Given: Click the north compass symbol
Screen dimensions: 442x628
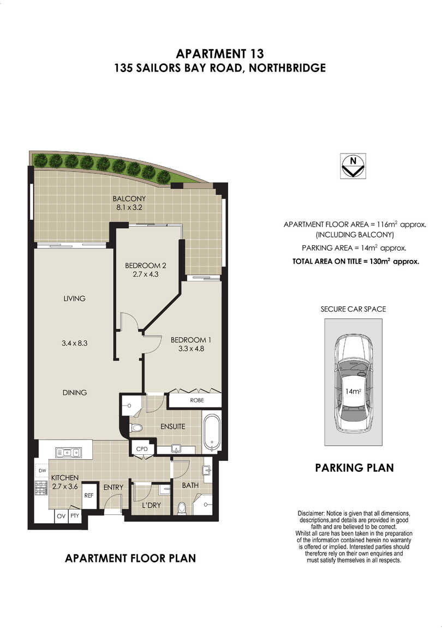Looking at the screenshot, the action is [x=353, y=166].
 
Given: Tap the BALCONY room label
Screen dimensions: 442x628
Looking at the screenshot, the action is [x=129, y=199].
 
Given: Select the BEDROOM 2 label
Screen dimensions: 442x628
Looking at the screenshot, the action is [x=145, y=265].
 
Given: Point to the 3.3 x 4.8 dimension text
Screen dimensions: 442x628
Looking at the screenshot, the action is [x=192, y=348].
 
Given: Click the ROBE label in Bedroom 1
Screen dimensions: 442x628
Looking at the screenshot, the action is [x=197, y=400].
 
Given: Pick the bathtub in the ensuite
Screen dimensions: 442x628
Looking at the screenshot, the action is [x=211, y=433].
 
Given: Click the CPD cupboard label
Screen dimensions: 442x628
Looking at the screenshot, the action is [x=142, y=449].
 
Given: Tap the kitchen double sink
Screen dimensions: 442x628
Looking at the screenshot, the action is [x=68, y=453].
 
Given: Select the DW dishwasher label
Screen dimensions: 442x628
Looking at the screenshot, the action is [x=43, y=471].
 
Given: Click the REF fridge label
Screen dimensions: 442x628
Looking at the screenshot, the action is [x=89, y=495].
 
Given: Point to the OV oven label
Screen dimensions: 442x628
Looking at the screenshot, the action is [x=61, y=516].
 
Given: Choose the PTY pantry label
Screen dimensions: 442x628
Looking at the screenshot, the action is [x=75, y=516].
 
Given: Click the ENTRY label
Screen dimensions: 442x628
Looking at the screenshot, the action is [x=114, y=488].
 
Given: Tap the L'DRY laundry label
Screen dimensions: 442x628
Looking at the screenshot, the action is [x=151, y=506].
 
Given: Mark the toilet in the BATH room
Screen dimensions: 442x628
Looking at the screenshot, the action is [x=182, y=508].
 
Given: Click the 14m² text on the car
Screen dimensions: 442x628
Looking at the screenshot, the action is [x=353, y=392].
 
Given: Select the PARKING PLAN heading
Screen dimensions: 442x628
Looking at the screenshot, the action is [x=354, y=468].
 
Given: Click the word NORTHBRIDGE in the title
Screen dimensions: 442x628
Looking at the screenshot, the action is [x=287, y=68].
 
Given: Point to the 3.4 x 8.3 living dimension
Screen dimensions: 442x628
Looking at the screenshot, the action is [x=74, y=343].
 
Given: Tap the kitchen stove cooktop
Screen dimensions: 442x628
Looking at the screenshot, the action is [x=41, y=488].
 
